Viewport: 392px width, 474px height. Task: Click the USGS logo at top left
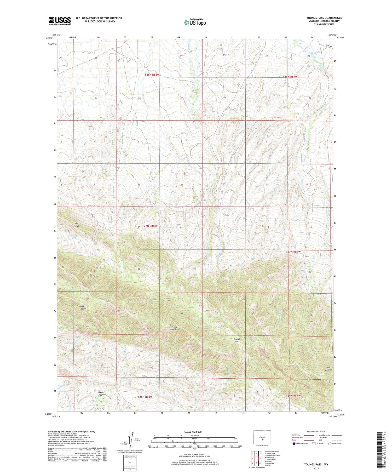click(60, 21)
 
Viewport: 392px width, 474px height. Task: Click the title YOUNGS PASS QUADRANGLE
click(324, 18)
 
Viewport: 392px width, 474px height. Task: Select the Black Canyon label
click(83, 307)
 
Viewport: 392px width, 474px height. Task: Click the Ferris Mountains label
click(174, 328)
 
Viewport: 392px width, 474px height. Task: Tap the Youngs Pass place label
click(237, 340)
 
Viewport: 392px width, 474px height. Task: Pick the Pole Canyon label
click(328, 369)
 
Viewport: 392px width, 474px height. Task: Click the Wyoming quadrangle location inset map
click(262, 437)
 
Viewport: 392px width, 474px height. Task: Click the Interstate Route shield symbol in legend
click(294, 443)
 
